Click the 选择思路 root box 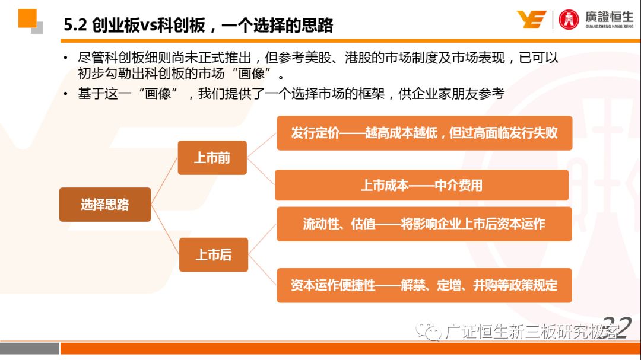coord(105,204)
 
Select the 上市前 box coord(212,158)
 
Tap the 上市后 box coord(214,254)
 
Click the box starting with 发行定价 coord(424,133)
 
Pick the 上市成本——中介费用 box coord(421,185)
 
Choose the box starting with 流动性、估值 coord(424,224)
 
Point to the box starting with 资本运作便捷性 coord(424,285)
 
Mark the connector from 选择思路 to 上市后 coord(165,230)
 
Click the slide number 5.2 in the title coord(75,26)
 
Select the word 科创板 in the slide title coord(181,26)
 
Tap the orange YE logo coord(531,19)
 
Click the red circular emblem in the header coord(569,20)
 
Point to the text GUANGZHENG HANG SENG coord(609,27)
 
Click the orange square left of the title coord(27,18)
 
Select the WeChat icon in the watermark coord(428,331)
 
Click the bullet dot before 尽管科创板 coord(65,58)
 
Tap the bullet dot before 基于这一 coord(65,94)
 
